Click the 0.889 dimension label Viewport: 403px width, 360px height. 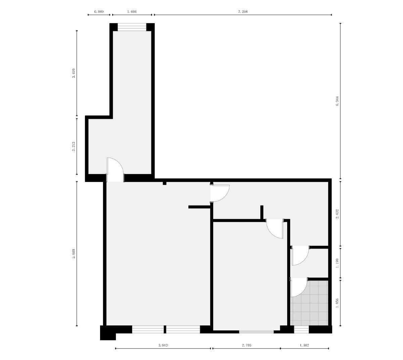[x=99, y=11]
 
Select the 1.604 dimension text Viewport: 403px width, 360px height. [x=132, y=11]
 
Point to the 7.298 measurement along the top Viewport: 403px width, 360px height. [x=243, y=11]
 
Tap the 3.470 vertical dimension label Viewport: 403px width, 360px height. [x=74, y=73]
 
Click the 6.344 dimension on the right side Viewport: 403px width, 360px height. [x=337, y=101]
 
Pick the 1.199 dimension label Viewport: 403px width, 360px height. [x=337, y=263]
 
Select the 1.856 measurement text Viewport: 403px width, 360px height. [x=337, y=303]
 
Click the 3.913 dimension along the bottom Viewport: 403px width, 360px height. [x=163, y=345]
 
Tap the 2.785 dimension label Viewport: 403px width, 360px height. [x=247, y=345]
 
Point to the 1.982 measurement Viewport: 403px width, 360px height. [x=304, y=345]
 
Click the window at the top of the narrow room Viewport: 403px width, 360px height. [x=132, y=27]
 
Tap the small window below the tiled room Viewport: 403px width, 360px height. [x=301, y=329]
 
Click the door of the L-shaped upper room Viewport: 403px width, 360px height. [x=115, y=170]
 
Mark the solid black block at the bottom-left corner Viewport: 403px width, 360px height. [x=107, y=332]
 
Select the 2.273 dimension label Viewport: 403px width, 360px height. [x=74, y=146]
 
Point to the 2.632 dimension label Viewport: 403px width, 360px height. [x=337, y=214]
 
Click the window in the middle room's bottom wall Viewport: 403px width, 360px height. [x=256, y=332]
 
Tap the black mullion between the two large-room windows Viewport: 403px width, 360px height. [x=165, y=329]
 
